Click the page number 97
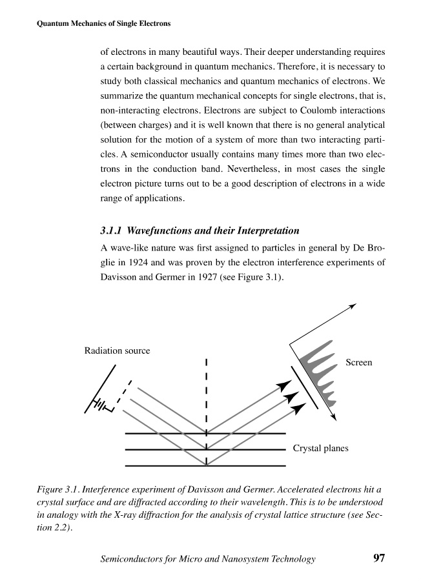coord(379,558)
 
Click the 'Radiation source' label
coord(117,351)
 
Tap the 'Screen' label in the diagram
coord(359,363)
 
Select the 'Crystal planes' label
coord(321,448)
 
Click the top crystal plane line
coord(205,434)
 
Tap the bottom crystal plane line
coord(205,465)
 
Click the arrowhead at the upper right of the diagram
coord(352,305)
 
